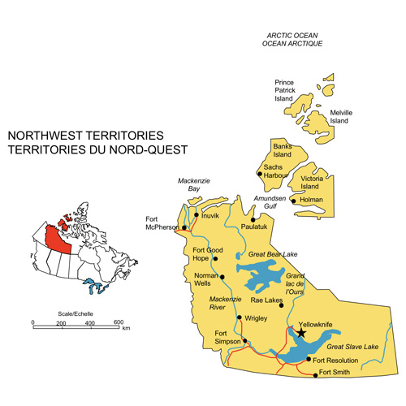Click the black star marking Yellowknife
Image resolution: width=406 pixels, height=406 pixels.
pyautogui.click(x=302, y=332)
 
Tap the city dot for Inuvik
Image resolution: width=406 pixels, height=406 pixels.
pyautogui.click(x=196, y=215)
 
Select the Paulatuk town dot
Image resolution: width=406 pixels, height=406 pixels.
pyautogui.click(x=253, y=219)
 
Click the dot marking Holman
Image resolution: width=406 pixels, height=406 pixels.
pyautogui.click(x=294, y=201)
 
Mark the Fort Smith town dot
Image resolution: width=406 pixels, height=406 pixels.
pyautogui.click(x=316, y=374)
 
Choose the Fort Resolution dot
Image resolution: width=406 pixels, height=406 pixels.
pyautogui.click(x=309, y=359)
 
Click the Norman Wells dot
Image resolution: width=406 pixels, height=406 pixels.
pyautogui.click(x=222, y=277)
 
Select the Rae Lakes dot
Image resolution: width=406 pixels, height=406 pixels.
pyautogui.click(x=281, y=305)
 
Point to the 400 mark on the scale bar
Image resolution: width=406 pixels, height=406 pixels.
pyautogui.click(x=90, y=322)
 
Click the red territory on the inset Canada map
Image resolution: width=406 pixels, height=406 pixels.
pyautogui.click(x=57, y=237)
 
